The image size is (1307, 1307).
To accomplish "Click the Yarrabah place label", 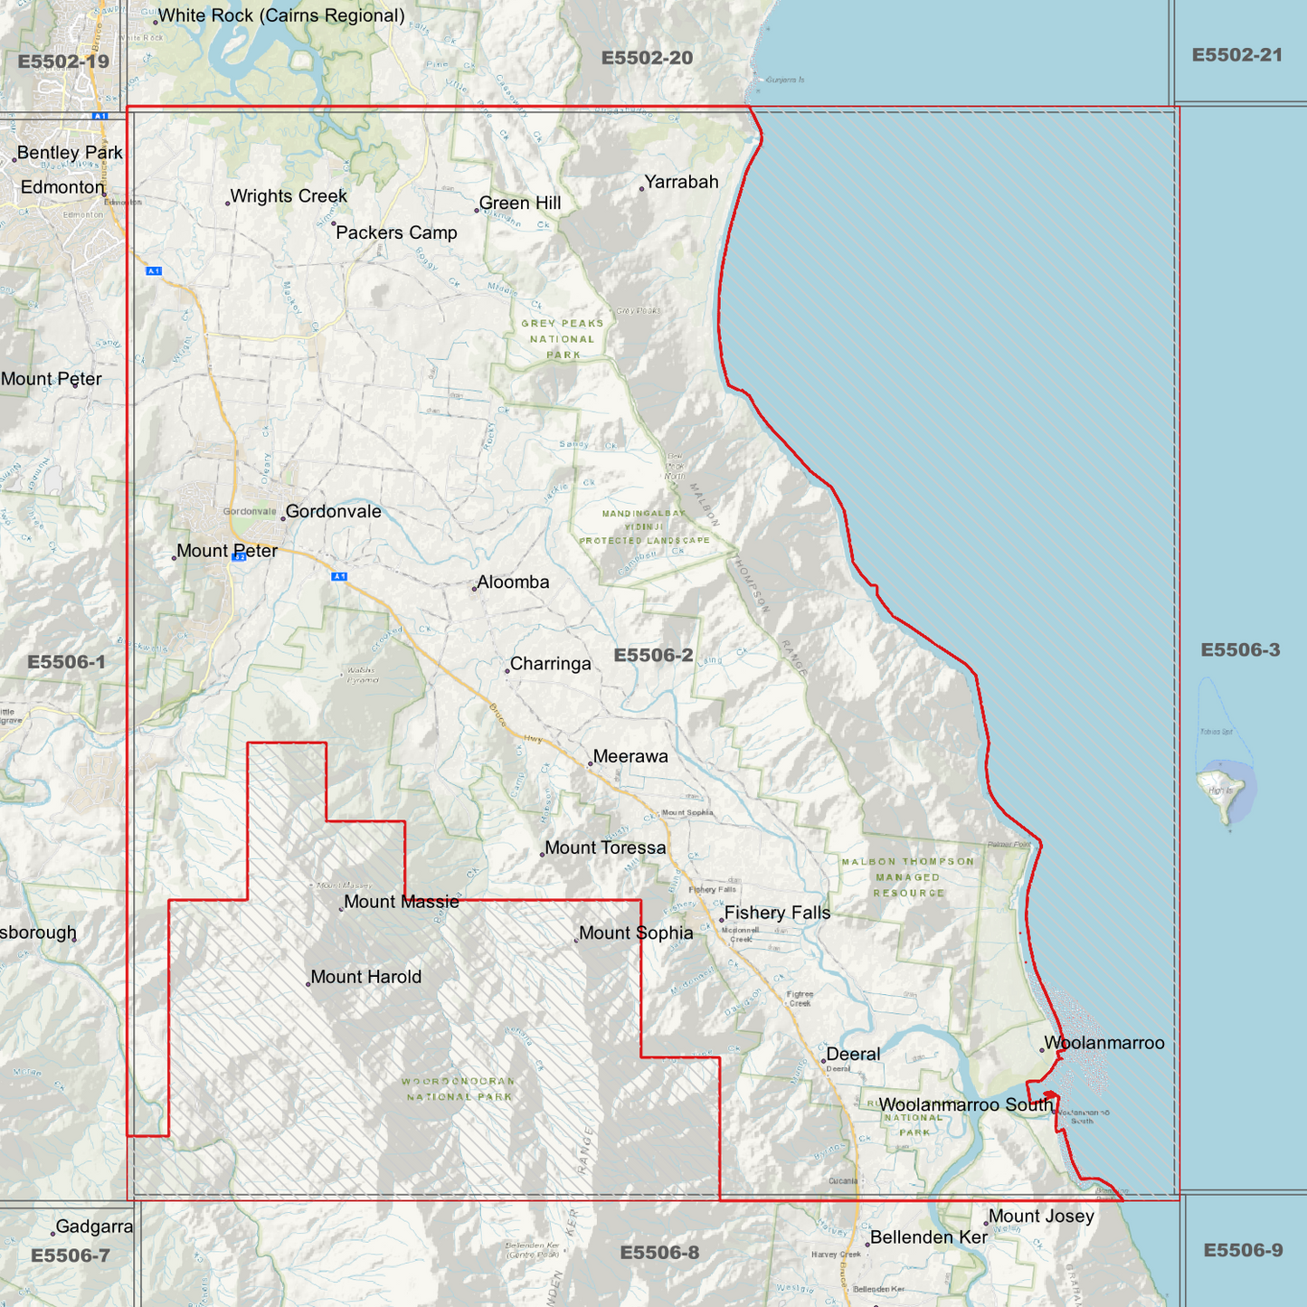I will click(x=681, y=182).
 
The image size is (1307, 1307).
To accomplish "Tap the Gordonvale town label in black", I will click(x=333, y=512).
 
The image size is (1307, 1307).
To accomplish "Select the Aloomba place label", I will click(x=513, y=582).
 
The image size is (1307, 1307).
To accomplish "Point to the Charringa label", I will click(x=550, y=664).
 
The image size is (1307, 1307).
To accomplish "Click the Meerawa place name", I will click(x=630, y=757).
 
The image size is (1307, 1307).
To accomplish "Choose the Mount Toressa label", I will click(x=604, y=848).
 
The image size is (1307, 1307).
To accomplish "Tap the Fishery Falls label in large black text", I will click(x=777, y=914).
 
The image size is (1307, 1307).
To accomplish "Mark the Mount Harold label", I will click(x=365, y=978).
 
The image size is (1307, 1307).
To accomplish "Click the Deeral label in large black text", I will click(x=853, y=1055).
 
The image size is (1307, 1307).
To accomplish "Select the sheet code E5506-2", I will click(x=653, y=656).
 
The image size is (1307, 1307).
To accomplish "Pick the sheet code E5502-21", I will click(x=1236, y=55).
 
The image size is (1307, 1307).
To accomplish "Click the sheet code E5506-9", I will click(x=1242, y=1251).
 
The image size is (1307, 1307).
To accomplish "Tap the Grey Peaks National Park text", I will click(x=562, y=339).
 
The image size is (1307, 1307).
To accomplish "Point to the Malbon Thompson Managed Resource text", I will click(x=908, y=877).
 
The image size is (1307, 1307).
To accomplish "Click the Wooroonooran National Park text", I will click(x=459, y=1089).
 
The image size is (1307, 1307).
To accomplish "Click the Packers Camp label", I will click(x=396, y=233).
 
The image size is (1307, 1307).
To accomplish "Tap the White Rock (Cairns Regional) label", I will click(x=281, y=16).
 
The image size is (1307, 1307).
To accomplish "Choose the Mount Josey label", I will click(x=1041, y=1217).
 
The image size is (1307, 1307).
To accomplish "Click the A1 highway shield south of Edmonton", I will click(x=154, y=271).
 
